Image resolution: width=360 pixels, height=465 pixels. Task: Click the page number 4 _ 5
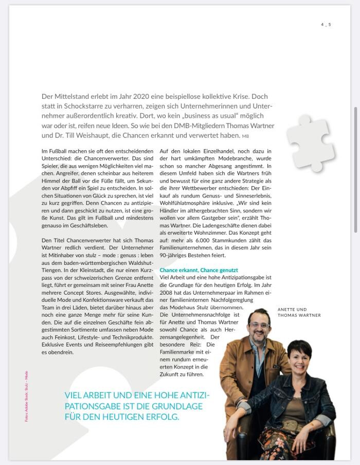pos(326,24)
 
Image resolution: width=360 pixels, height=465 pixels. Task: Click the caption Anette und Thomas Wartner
pos(299,312)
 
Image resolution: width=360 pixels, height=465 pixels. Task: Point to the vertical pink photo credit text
pos(26,396)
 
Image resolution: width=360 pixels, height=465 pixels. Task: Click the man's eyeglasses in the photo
pos(258,325)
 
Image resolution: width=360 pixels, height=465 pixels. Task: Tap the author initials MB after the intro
pos(245,136)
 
